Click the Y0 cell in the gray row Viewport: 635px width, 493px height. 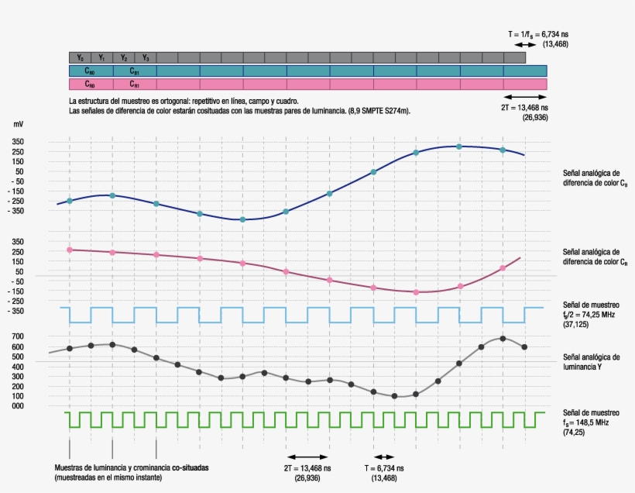[81, 58]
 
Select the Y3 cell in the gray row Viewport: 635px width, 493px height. [146, 58]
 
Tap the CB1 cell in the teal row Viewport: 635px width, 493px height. [135, 71]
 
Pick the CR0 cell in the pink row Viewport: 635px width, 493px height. [91, 84]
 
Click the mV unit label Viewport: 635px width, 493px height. [19, 124]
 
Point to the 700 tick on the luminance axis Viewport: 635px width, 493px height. [19, 336]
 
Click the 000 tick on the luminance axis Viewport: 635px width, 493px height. [19, 405]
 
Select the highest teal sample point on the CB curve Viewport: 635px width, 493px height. [459, 147]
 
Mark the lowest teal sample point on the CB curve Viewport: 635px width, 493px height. [242, 219]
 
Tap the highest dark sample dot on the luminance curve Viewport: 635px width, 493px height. [503, 339]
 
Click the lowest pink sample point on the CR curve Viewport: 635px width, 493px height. [416, 292]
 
